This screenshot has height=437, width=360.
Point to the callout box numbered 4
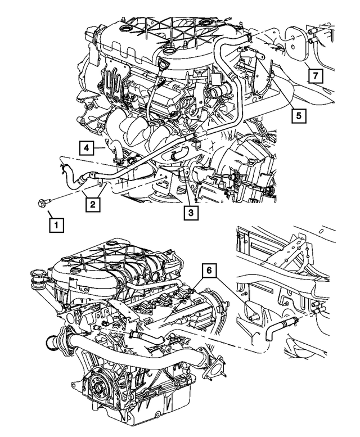pos(86,148)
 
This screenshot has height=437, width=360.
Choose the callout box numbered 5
pos(299,115)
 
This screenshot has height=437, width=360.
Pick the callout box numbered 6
pos(209,271)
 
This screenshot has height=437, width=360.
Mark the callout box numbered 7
pos(316,75)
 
